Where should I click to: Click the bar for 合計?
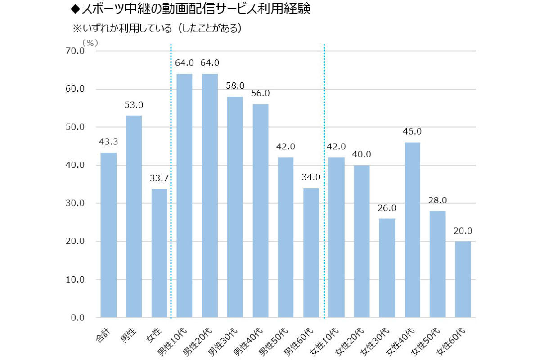pyautogui.click(x=108, y=235)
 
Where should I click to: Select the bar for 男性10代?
pyautogui.click(x=184, y=196)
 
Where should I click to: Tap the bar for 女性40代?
pyautogui.click(x=413, y=230)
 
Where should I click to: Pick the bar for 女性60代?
pyautogui.click(x=463, y=279)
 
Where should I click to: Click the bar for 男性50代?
pyautogui.click(x=286, y=238)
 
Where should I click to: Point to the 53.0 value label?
pyautogui.click(x=134, y=105)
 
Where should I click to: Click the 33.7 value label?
pyautogui.click(x=159, y=178)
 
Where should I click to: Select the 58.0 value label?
pyautogui.click(x=235, y=85)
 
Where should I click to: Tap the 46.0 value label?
pyautogui.click(x=413, y=131)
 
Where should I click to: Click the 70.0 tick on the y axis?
pyautogui.click(x=75, y=51)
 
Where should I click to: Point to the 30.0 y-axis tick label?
pyautogui.click(x=75, y=203)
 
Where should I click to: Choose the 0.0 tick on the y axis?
pyautogui.click(x=77, y=318)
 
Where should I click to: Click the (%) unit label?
pyautogui.click(x=90, y=42)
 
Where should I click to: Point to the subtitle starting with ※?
pyautogui.click(x=157, y=28)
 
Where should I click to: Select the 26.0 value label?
pyautogui.click(x=387, y=208)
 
